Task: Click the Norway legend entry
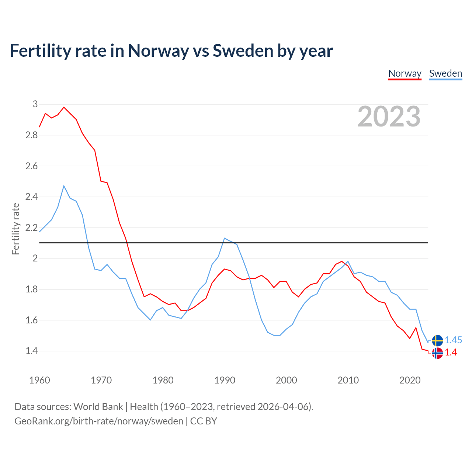[x=405, y=73]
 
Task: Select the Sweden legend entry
[x=445, y=73]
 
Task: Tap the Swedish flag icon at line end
[x=437, y=340]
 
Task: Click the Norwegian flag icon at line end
[x=437, y=353]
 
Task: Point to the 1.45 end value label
[x=453, y=340]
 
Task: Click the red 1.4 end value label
[x=451, y=353]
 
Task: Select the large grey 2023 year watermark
[x=389, y=117]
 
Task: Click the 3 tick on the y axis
[x=35, y=104]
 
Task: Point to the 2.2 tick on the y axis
[x=32, y=228]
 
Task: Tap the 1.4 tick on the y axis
[x=32, y=351]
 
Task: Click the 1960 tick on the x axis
[x=39, y=380]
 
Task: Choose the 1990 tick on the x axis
[x=225, y=380]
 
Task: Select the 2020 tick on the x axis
[x=410, y=380]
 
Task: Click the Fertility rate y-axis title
[x=15, y=229]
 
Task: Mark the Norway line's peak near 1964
[x=64, y=107]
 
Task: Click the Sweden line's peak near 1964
[x=64, y=186]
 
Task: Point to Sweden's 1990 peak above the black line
[x=225, y=238]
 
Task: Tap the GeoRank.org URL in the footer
[x=99, y=421]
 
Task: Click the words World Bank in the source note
[x=98, y=406]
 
